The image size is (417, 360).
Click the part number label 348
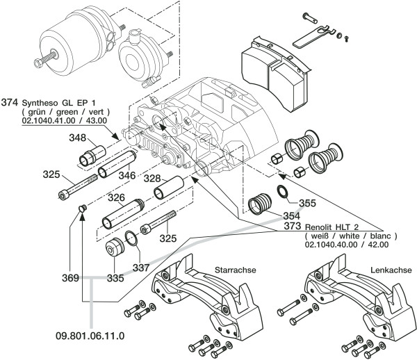point(78,138)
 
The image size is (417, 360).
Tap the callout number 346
point(127,175)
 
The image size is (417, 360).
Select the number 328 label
point(152,179)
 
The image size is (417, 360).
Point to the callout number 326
point(116,197)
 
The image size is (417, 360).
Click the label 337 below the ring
point(141,268)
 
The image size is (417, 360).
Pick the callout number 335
point(115,278)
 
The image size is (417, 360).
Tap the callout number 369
point(70,278)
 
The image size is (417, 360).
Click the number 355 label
point(307,203)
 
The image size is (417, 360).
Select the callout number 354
point(291,215)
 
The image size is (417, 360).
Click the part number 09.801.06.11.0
point(90,336)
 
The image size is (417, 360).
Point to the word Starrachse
point(236,270)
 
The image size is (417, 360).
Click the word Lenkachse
point(391,270)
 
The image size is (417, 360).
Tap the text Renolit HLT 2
point(332,227)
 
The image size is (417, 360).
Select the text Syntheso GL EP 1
point(58,103)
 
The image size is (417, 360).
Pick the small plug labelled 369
point(82,208)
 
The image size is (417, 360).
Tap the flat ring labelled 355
point(283,192)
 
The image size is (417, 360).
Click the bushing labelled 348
point(92,156)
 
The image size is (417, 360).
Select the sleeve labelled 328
point(169,187)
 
